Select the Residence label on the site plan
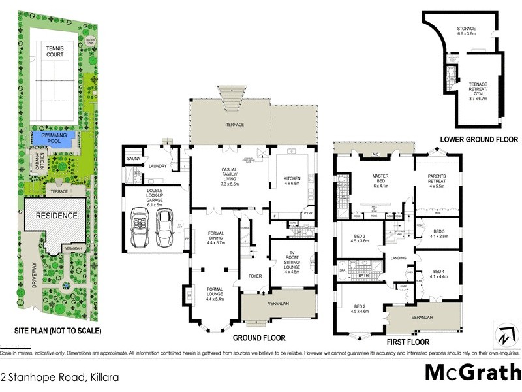pos(56,215)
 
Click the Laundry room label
pos(158,166)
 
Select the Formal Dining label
pos(215,238)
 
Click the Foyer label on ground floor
pos(254,276)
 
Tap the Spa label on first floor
pos(342,269)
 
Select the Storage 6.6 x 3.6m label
pos(466,32)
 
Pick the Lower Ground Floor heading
pos(478,139)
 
